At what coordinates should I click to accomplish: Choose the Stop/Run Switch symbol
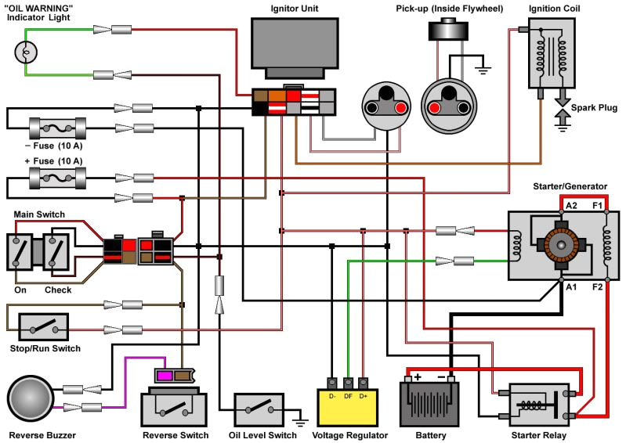[43, 327]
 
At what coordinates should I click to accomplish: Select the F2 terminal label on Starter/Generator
[597, 286]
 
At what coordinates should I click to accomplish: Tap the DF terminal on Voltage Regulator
[348, 384]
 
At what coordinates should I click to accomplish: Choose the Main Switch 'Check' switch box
[58, 251]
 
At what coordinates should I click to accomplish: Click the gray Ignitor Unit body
[295, 45]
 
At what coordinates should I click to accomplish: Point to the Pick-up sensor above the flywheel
[448, 29]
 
